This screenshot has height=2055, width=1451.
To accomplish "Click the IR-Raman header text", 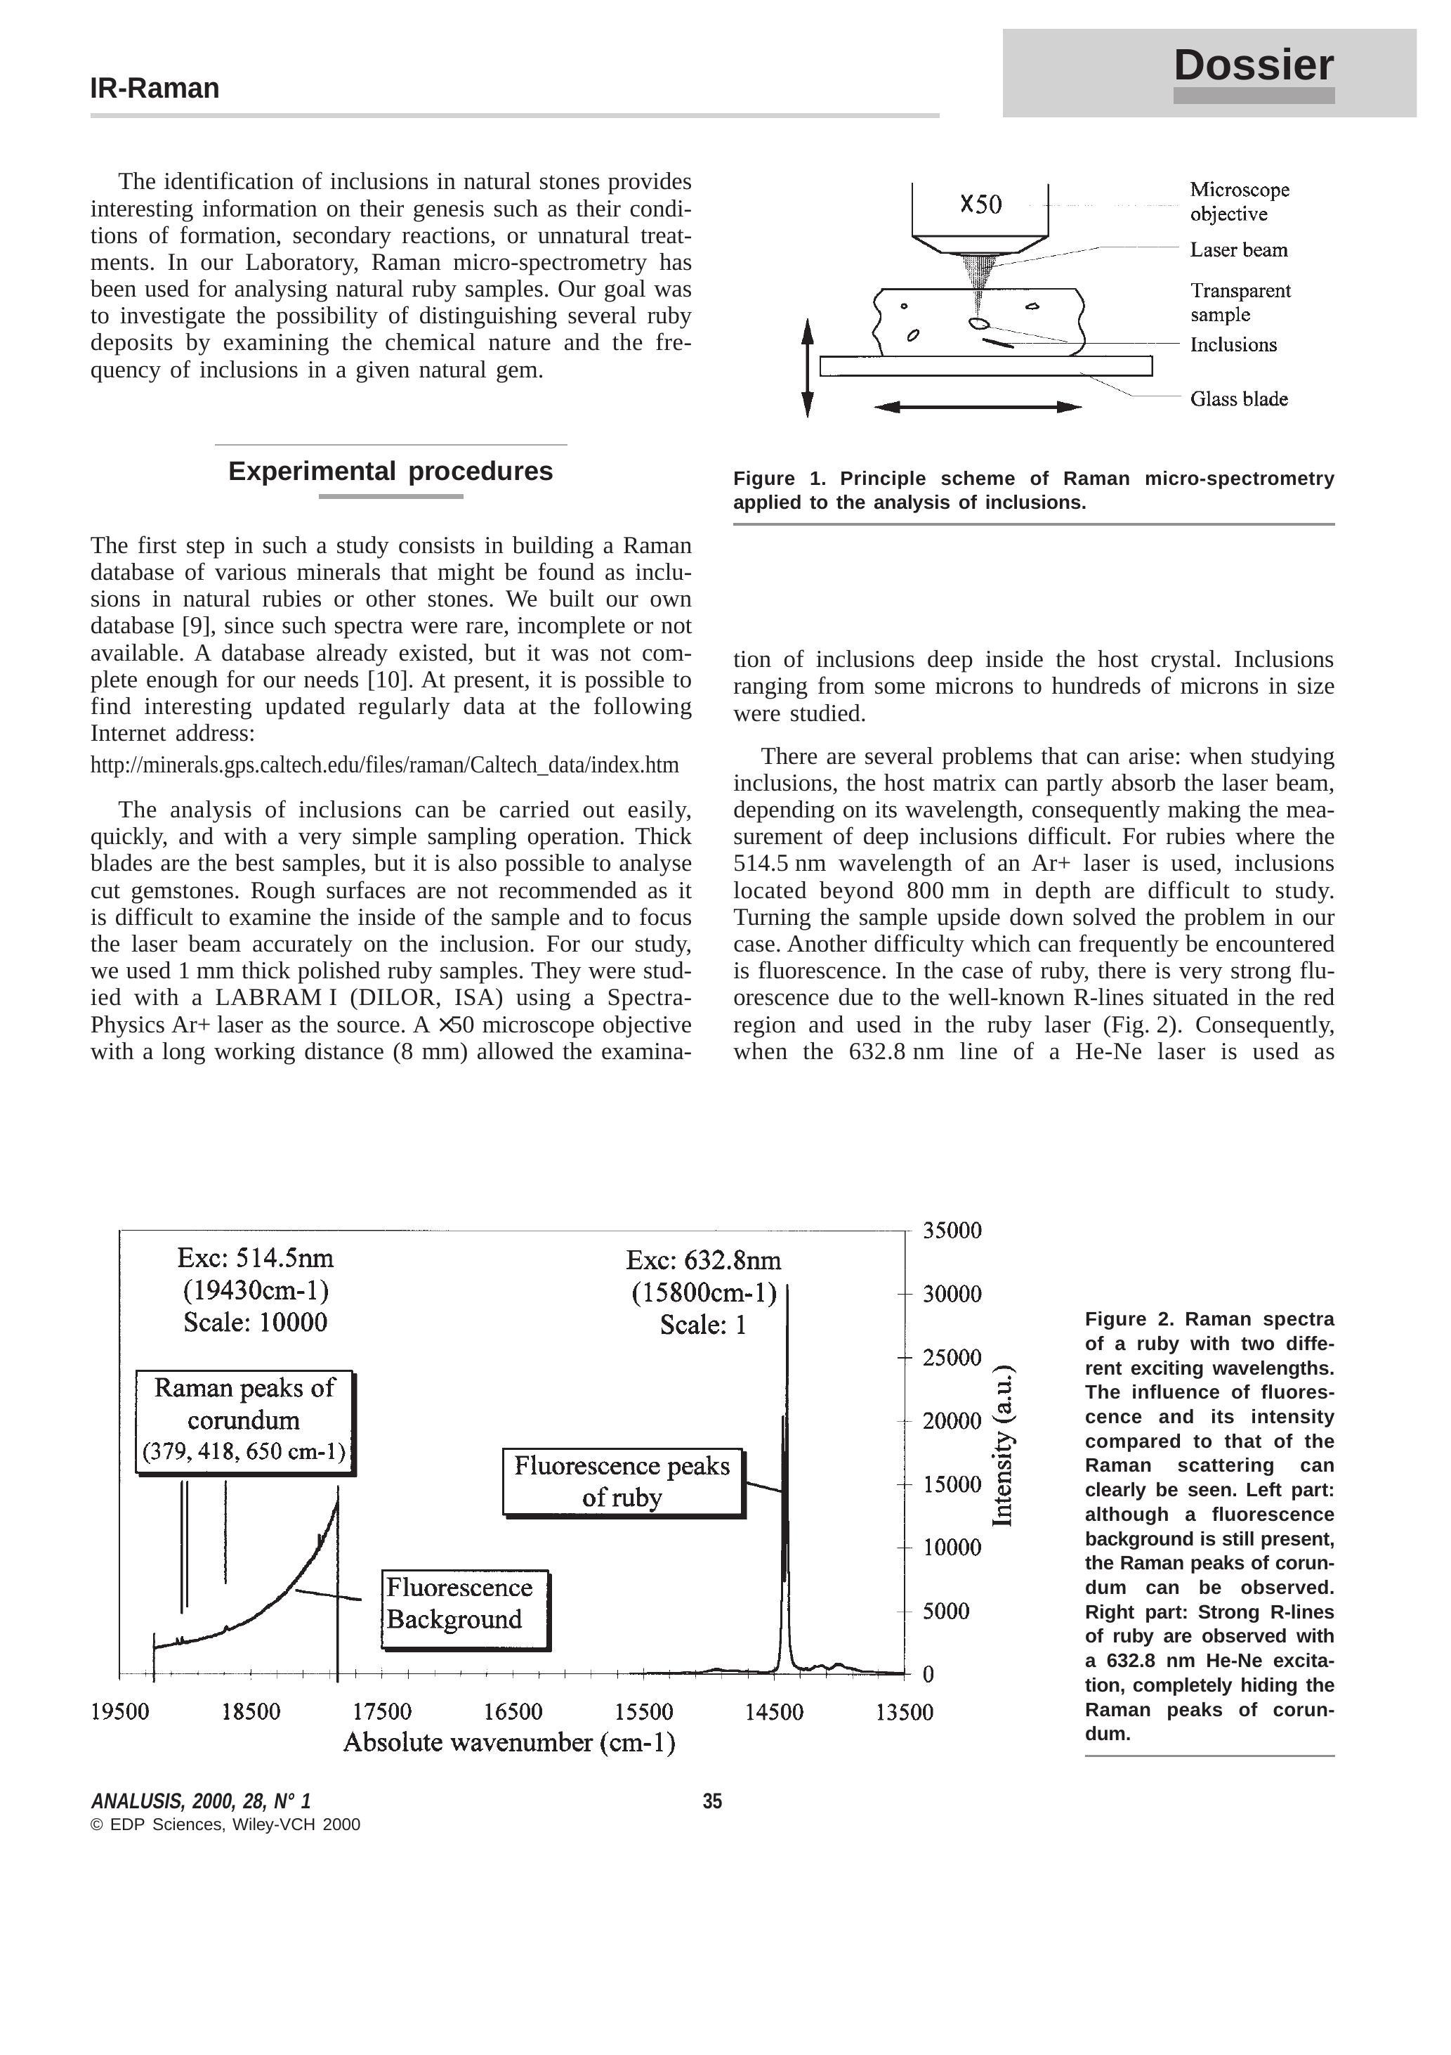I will pyautogui.click(x=155, y=89).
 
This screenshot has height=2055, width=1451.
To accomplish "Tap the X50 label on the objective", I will pyautogui.click(x=980, y=205).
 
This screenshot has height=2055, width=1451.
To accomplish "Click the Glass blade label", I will pyautogui.click(x=1238, y=399).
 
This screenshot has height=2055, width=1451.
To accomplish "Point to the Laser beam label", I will pyautogui.click(x=1238, y=249).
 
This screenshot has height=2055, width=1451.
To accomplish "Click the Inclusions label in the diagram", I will pyautogui.click(x=1233, y=344).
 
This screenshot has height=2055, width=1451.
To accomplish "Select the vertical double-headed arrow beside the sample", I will pyautogui.click(x=808, y=368).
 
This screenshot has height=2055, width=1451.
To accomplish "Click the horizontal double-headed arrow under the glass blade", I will pyautogui.click(x=978, y=407).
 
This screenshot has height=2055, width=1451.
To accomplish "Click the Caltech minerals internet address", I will pyautogui.click(x=385, y=765).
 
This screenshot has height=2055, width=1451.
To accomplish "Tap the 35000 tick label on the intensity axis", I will pyautogui.click(x=952, y=1231).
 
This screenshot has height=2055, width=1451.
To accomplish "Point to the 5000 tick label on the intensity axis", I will pyautogui.click(x=952, y=1611).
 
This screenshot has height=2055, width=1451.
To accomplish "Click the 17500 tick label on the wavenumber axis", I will pyautogui.click(x=382, y=1711).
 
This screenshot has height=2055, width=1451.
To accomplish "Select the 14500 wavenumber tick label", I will pyautogui.click(x=774, y=1711).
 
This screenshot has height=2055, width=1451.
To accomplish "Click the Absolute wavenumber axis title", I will pyautogui.click(x=509, y=1743).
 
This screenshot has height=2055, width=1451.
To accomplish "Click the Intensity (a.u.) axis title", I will pyautogui.click(x=1003, y=1446).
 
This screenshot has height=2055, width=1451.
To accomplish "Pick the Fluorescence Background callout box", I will pyautogui.click(x=464, y=1609).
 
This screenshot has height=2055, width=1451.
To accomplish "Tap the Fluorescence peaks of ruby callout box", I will pyautogui.click(x=623, y=1482).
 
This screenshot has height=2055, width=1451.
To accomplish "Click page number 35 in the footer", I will pyautogui.click(x=712, y=1801).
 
